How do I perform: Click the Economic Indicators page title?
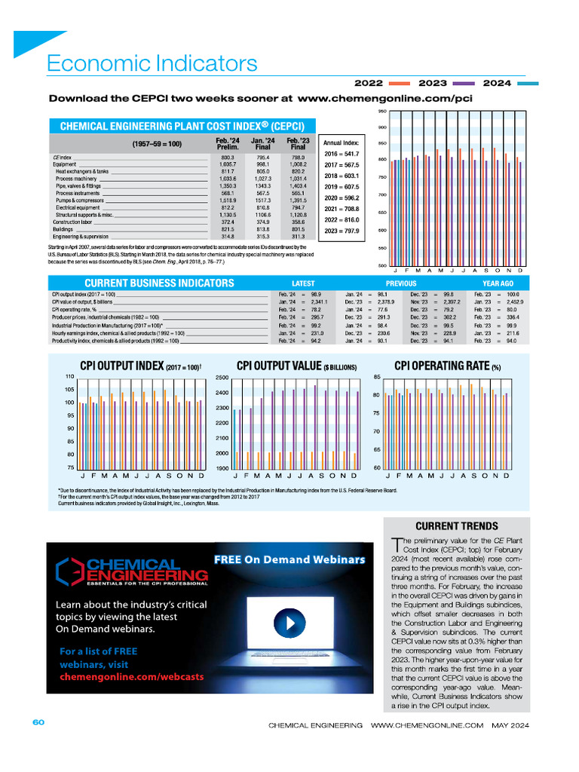(x=152, y=63)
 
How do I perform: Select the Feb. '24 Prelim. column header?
(x=228, y=143)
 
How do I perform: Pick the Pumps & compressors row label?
(x=78, y=200)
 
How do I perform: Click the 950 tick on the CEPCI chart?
(x=382, y=111)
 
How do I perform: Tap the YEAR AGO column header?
(x=498, y=284)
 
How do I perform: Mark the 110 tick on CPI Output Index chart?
(x=69, y=376)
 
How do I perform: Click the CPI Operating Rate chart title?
(x=448, y=366)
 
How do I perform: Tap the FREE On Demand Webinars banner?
(x=289, y=559)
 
